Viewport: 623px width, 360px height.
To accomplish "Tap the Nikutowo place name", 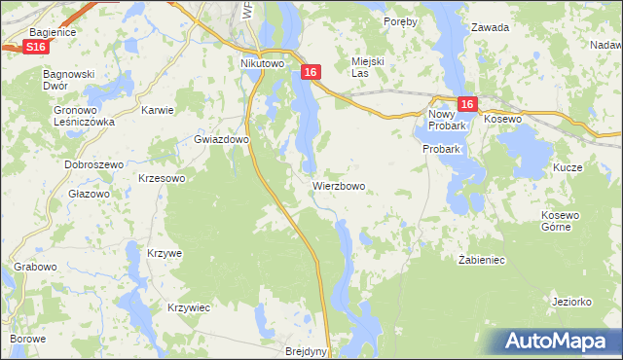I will (x=261, y=64).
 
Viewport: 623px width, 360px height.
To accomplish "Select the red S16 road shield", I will (x=36, y=47).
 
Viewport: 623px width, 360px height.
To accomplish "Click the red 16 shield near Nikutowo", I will (x=311, y=73).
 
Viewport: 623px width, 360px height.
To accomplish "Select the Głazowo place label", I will (x=90, y=194).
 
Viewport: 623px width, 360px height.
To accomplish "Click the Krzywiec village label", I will (x=189, y=307).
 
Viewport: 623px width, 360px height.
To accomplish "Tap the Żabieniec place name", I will (x=481, y=261).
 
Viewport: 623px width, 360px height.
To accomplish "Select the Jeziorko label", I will (x=571, y=302).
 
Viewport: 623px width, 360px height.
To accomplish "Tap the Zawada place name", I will (x=490, y=27).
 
